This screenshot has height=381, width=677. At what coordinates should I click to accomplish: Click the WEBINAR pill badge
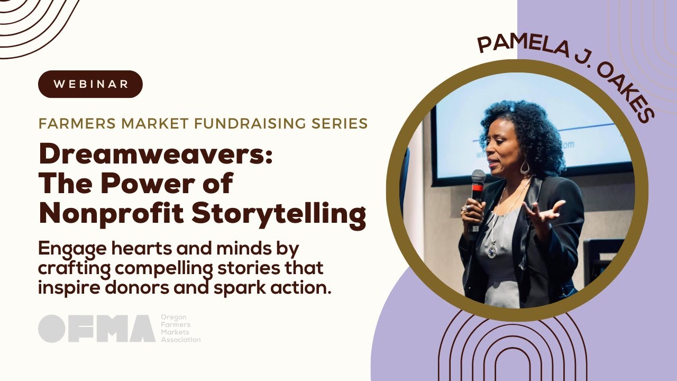tap(90, 84)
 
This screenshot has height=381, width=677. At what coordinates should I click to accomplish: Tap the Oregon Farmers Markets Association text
tap(180, 328)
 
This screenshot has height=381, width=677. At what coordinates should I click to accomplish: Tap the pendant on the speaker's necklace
tap(492, 250)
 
